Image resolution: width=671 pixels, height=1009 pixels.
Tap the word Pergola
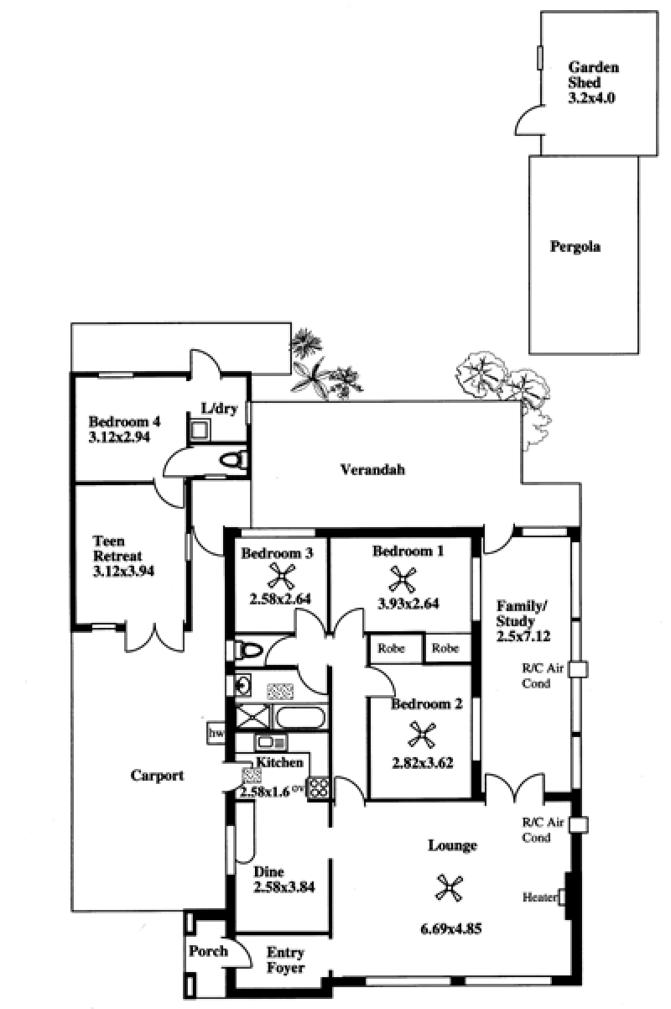[575, 247]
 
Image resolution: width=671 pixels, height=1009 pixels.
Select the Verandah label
[372, 470]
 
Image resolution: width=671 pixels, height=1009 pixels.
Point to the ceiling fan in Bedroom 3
[280, 578]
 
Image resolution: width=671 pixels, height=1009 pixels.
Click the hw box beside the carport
[216, 733]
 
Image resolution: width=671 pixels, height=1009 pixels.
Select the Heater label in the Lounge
[540, 897]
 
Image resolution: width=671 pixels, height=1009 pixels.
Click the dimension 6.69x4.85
[450, 928]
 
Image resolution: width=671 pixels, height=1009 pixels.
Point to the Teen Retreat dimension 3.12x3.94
[123, 571]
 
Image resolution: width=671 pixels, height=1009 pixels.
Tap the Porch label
[208, 951]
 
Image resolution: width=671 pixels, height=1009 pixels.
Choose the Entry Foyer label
[285, 960]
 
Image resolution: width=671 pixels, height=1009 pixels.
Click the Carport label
[157, 775]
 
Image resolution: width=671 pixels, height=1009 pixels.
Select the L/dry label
[220, 409]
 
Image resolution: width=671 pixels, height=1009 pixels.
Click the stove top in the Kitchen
[318, 788]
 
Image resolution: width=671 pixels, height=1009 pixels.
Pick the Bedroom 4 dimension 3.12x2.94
[119, 437]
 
